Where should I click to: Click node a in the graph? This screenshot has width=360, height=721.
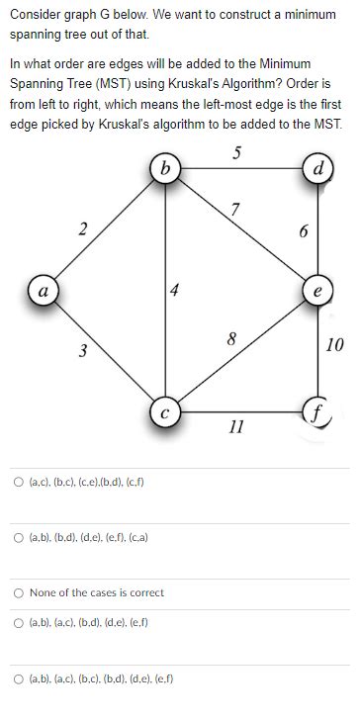coord(43,293)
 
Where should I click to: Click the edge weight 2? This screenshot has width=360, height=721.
coord(83,229)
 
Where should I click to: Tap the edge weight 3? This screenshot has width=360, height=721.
coord(83,350)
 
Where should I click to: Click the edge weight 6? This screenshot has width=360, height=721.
coord(305,231)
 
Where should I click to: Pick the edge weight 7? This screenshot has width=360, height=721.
coord(234,208)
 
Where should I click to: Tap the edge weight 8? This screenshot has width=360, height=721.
coord(231,339)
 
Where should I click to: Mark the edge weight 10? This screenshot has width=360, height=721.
coord(334,344)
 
